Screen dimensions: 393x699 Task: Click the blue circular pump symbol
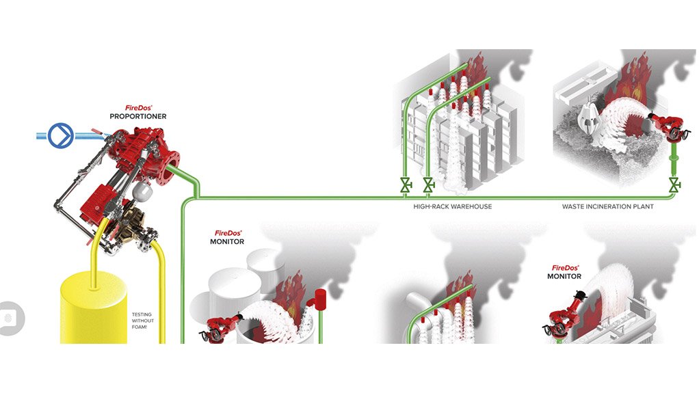point(60,136)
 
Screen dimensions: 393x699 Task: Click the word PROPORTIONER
point(138,117)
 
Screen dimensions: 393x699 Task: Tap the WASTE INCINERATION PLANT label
point(607,206)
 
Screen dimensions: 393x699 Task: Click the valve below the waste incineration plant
point(674,185)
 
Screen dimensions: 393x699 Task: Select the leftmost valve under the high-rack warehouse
point(406,185)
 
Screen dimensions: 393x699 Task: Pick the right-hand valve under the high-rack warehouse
point(428,185)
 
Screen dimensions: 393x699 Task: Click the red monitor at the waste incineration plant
point(668,125)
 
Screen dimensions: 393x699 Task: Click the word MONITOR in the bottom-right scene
point(564,277)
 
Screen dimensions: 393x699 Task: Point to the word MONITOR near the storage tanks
point(227,242)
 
